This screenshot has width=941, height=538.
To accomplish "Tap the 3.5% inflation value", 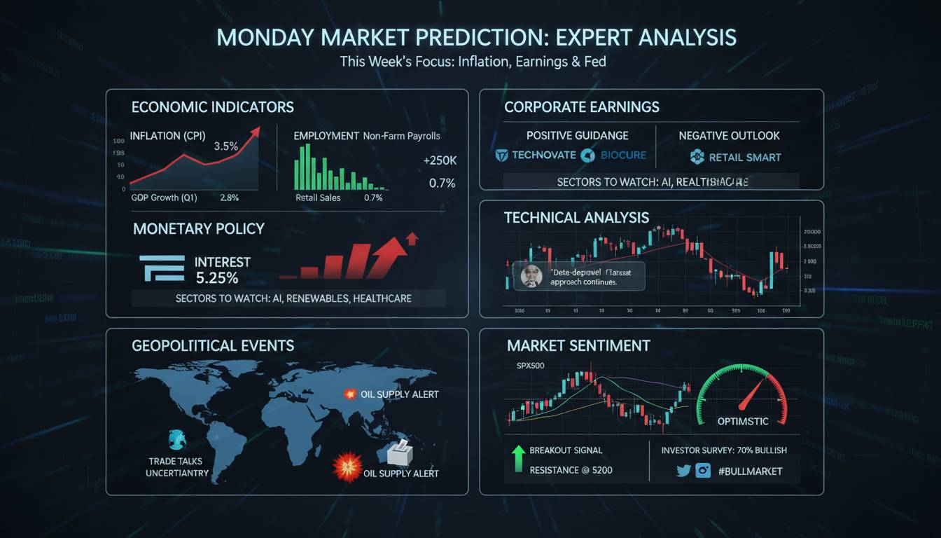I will pos(225,146).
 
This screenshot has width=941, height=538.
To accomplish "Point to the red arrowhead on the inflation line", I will pos(256,131).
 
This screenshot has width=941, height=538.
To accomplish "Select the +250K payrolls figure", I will pos(440,160).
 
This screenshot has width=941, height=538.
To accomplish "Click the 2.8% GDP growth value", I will pos(229,198).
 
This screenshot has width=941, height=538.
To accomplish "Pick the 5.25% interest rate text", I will pos(217,278).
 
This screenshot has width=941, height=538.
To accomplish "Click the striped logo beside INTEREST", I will pos(162,268).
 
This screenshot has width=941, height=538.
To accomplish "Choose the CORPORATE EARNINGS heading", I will pos(581,107).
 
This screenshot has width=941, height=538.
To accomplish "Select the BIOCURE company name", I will pos(623,155).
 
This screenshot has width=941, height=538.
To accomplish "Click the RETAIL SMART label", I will pos(744,158).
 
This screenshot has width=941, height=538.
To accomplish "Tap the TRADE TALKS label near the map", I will pos(176,462).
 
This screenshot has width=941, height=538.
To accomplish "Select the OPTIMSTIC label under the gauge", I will pos(742,421).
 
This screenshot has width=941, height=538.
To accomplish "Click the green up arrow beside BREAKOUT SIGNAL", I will pos(518,459).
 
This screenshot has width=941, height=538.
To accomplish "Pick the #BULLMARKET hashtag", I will pos(750,471).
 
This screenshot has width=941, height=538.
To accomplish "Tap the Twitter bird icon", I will pos(683,471).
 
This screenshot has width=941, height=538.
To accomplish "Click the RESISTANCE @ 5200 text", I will pos(571,470).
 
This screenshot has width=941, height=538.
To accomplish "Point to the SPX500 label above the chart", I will pos(530,366).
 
